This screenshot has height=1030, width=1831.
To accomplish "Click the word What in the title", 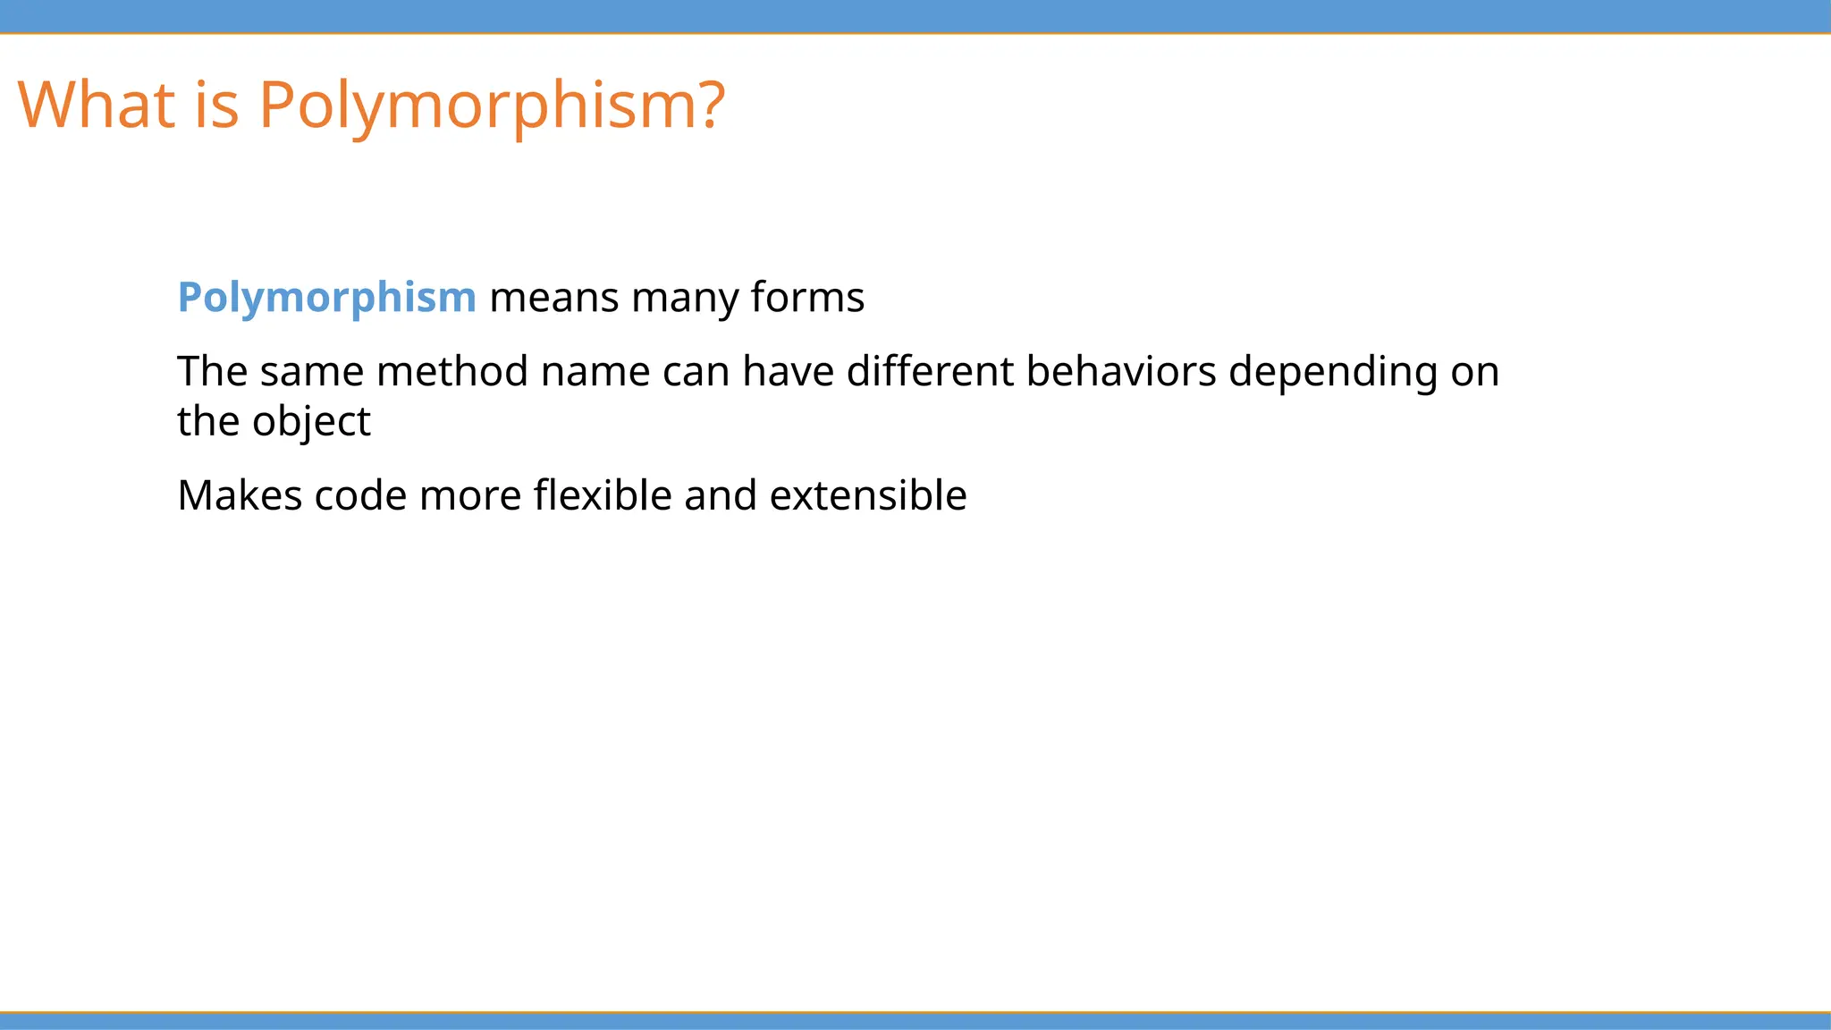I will pyautogui.click(x=96, y=105).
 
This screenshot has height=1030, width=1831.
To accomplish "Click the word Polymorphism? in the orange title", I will pyautogui.click(x=492, y=105).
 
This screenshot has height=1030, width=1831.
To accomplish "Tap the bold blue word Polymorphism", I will pyautogui.click(x=326, y=297).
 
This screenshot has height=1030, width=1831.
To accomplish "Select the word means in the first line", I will pyautogui.click(x=553, y=297).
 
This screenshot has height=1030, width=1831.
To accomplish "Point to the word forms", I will pyautogui.click(x=807, y=297).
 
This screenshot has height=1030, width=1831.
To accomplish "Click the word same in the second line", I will pyautogui.click(x=312, y=371).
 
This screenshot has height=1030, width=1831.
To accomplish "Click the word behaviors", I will pyautogui.click(x=1121, y=371).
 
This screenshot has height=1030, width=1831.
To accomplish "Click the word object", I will pyautogui.click(x=311, y=421).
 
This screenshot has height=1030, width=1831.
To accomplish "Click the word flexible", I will pyautogui.click(x=603, y=495).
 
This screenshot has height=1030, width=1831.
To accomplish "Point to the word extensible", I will pyautogui.click(x=867, y=495).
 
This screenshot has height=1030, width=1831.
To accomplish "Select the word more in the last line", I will pyautogui.click(x=470, y=495).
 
